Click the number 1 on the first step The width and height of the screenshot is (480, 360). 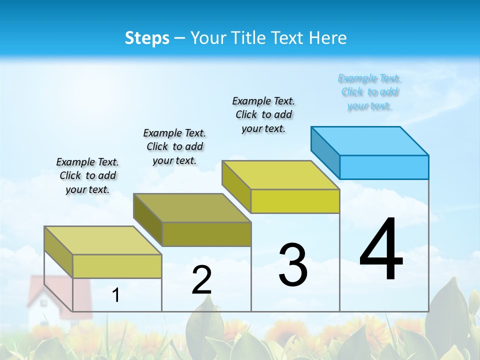pos(116,295)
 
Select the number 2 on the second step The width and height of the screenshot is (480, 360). pos(201,280)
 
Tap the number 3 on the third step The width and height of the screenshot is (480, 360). pos(293,265)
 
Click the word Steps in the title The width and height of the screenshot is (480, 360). pos(147,38)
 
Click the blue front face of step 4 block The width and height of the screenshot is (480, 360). pos(384,167)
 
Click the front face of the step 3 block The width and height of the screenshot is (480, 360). pos(295,201)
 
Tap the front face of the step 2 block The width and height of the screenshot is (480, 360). pos(206,234)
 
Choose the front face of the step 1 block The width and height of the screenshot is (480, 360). pos(117,266)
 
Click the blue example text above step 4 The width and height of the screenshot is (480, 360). pos(369,92)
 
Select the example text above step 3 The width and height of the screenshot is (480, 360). pos(263,114)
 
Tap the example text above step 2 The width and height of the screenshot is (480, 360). pos(174,146)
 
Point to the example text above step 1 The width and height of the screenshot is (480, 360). pos(87,175)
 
